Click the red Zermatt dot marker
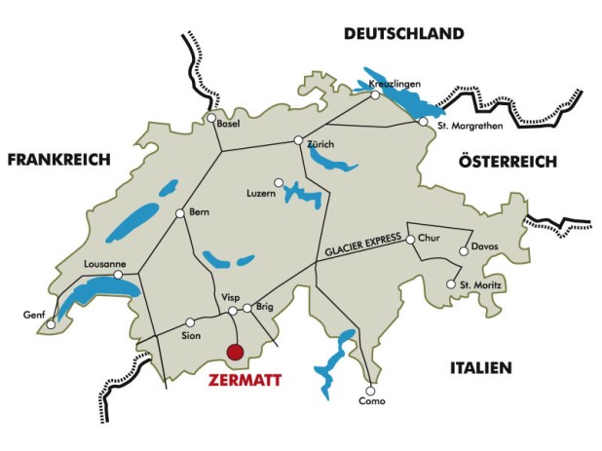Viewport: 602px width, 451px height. click(234, 353)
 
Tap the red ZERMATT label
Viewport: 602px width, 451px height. click(245, 381)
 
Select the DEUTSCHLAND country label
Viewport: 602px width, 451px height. click(402, 35)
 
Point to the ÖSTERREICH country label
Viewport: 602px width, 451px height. click(508, 162)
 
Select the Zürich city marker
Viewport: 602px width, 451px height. click(300, 141)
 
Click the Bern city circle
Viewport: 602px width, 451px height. click(179, 213)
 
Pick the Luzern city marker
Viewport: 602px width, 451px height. click(279, 182)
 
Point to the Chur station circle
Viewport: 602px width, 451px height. click(410, 239)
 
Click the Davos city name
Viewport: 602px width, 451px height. click(484, 246)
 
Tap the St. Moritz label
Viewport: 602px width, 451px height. click(479, 284)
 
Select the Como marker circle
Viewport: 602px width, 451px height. click(369, 387)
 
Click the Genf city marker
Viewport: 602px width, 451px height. click(52, 324)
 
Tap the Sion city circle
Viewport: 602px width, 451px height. click(190, 320)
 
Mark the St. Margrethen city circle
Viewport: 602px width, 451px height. click(423, 123)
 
